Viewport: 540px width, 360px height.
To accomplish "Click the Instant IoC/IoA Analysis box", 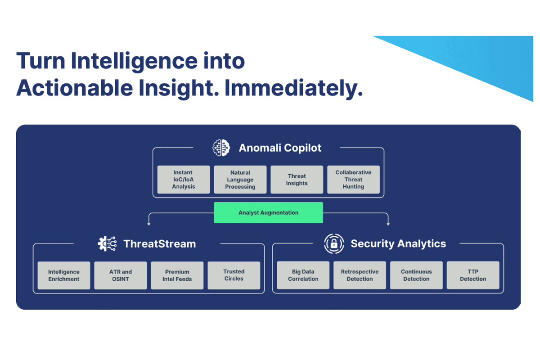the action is click(184, 180).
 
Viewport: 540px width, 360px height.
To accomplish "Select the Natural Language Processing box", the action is click(240, 180).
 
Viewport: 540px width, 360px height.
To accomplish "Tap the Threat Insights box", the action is click(297, 180).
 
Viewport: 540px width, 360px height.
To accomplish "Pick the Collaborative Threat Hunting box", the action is click(353, 180).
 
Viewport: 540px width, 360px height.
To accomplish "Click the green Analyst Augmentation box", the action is click(268, 212).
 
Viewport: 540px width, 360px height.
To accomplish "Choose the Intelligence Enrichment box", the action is click(64, 275).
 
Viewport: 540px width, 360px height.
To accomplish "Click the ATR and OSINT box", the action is click(121, 275).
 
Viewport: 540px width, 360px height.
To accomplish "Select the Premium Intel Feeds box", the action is click(177, 275).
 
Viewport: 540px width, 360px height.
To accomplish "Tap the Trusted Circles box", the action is click(234, 275).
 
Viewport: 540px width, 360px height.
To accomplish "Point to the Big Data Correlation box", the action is click(303, 275).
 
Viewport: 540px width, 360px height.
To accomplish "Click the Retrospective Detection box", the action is click(360, 275).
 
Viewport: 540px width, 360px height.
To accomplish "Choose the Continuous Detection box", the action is click(416, 275).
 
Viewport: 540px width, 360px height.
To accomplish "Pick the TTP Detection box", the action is click(473, 275).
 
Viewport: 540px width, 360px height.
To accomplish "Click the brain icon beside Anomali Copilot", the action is click(221, 148).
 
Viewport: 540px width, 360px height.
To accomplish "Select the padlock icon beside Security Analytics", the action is click(334, 243).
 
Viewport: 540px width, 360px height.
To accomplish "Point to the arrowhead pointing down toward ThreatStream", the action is click(149, 224).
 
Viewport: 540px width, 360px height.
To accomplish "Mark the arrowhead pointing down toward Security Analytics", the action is click(388, 224).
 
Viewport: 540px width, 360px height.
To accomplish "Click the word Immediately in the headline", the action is click(293, 89).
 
